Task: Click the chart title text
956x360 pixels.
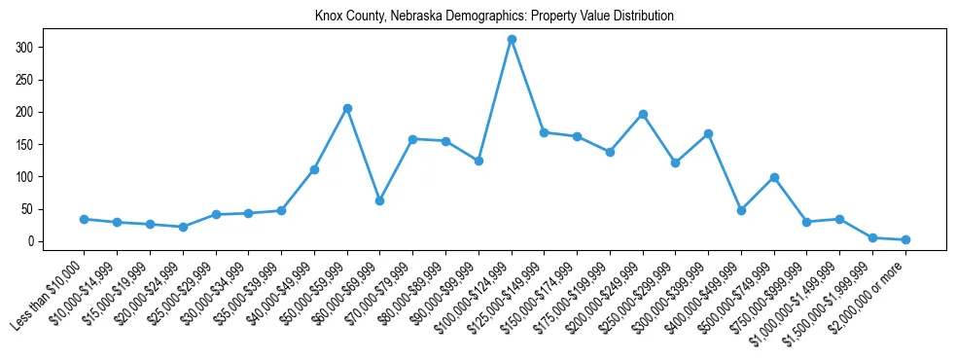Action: coord(494,17)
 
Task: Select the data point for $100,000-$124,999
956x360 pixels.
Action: coord(512,40)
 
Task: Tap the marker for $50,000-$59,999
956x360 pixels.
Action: coord(347,108)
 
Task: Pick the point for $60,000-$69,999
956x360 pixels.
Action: coord(380,200)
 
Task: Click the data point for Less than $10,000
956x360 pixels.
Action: coord(85,219)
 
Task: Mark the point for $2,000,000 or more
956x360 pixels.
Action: coord(905,239)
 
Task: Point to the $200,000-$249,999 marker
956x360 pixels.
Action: coord(643,115)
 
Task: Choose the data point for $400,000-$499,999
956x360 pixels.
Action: coord(741,210)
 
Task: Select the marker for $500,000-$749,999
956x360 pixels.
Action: coord(774,177)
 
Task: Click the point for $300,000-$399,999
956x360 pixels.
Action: coord(709,133)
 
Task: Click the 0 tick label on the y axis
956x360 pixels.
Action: coord(31,241)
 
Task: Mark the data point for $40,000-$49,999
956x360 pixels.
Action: coord(314,169)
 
